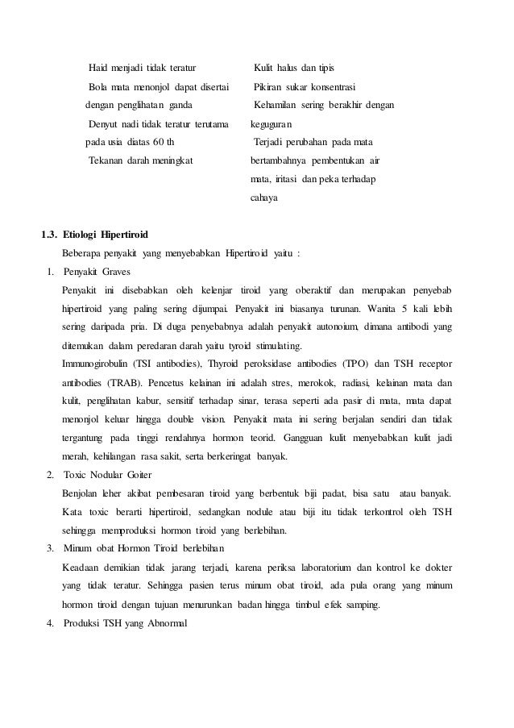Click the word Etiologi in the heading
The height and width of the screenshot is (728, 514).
[x=91, y=235]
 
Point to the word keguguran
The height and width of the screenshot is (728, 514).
[x=272, y=125]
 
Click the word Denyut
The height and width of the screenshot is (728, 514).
[x=102, y=125]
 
